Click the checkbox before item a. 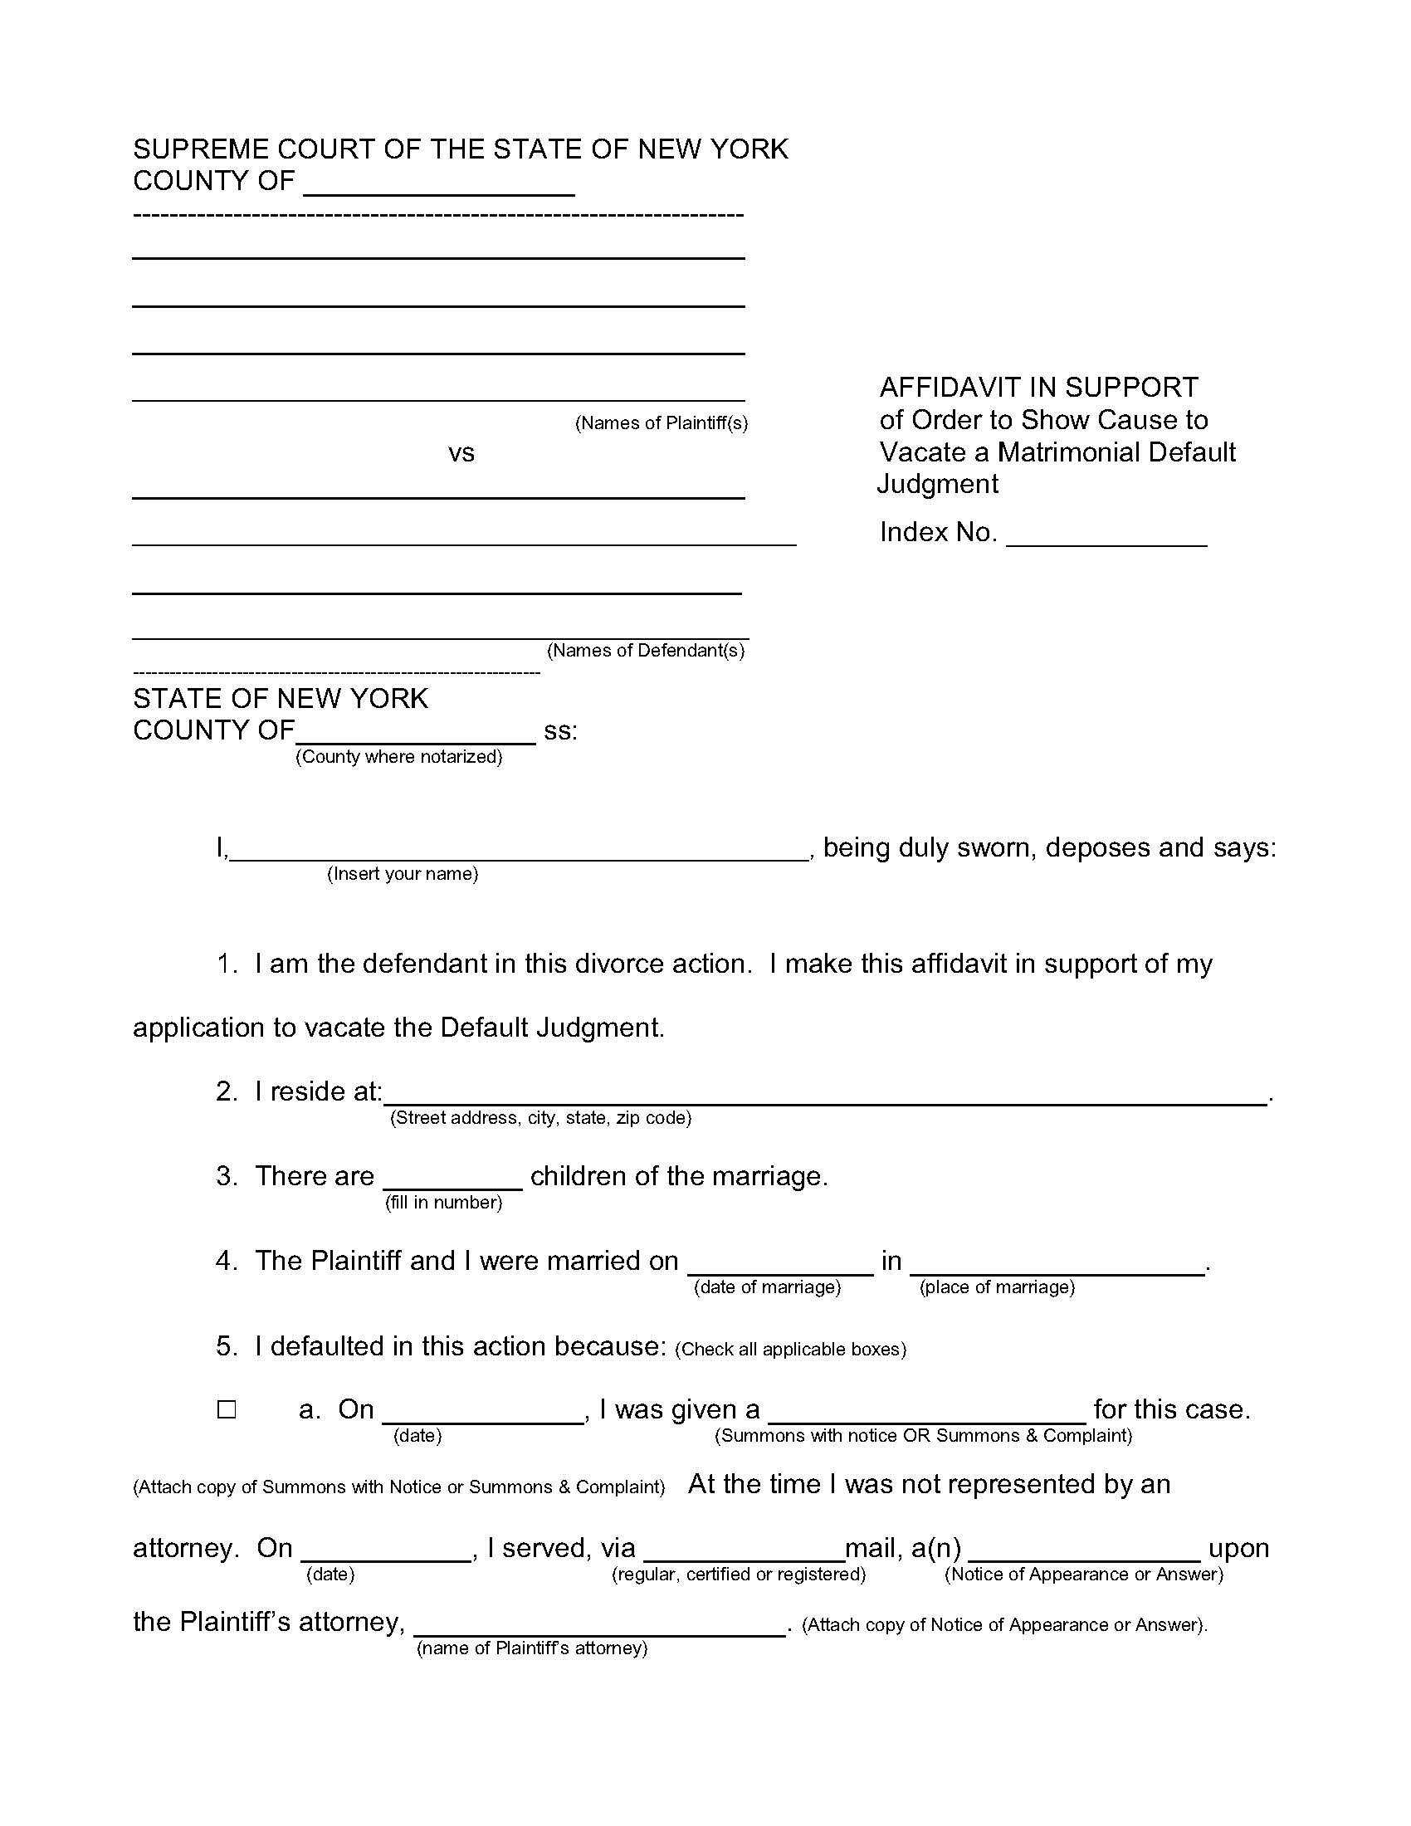[227, 1409]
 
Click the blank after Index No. [1106, 535]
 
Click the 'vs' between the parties [461, 453]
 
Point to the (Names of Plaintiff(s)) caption [661, 423]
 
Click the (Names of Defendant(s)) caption [645, 651]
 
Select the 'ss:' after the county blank [560, 730]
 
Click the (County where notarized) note [398, 757]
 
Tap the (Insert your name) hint [402, 874]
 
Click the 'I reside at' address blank [824, 1096]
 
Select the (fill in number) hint [443, 1203]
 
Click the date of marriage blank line [779, 1264]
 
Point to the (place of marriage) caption [996, 1286]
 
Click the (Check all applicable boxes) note [790, 1349]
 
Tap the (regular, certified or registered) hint [738, 1575]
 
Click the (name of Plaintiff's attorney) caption [532, 1648]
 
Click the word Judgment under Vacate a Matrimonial [937, 484]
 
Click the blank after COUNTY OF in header [439, 184]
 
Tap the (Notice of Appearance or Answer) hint [1083, 1575]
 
